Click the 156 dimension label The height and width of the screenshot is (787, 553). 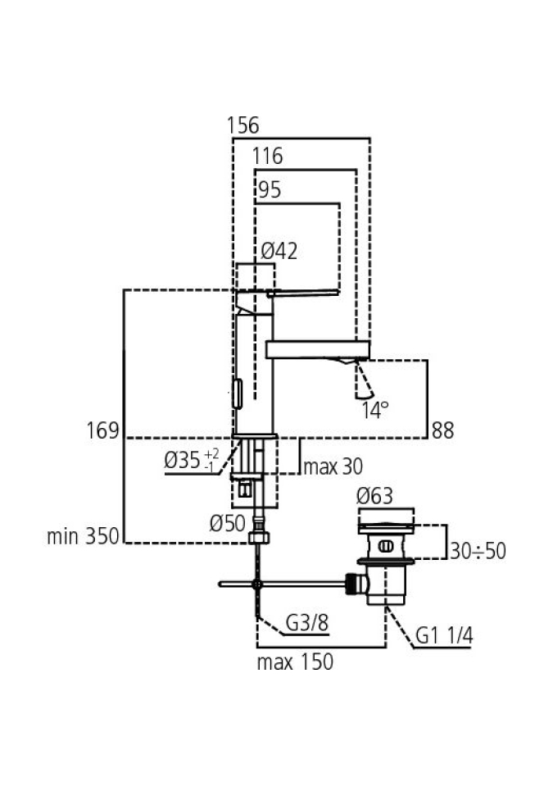(x=243, y=125)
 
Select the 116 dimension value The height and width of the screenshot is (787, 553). (x=268, y=156)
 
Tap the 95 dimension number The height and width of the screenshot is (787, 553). (x=269, y=190)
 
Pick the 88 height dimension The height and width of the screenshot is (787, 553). (x=443, y=430)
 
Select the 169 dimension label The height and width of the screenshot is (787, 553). (x=102, y=430)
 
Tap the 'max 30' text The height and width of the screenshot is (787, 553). (x=333, y=467)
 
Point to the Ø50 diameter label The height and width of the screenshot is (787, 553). (x=228, y=523)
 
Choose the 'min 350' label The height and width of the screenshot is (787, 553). (x=83, y=537)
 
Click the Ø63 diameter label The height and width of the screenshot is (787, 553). (x=375, y=496)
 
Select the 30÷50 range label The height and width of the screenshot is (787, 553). (x=478, y=551)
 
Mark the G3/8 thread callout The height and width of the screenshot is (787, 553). (x=307, y=626)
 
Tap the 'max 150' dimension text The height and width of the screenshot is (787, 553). (x=295, y=662)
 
